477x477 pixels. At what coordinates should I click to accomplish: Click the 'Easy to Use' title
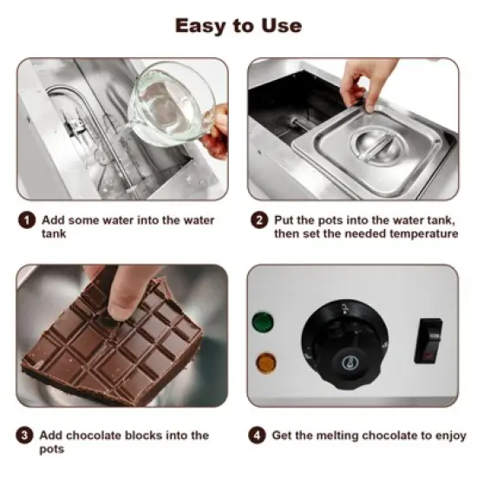coord(238,25)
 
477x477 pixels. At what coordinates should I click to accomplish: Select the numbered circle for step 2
coord(258,219)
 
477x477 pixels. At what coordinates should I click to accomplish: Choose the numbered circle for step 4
coord(258,435)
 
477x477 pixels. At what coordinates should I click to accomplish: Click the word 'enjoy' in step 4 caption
coord(449,435)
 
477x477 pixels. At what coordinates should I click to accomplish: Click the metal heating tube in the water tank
coord(65,108)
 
